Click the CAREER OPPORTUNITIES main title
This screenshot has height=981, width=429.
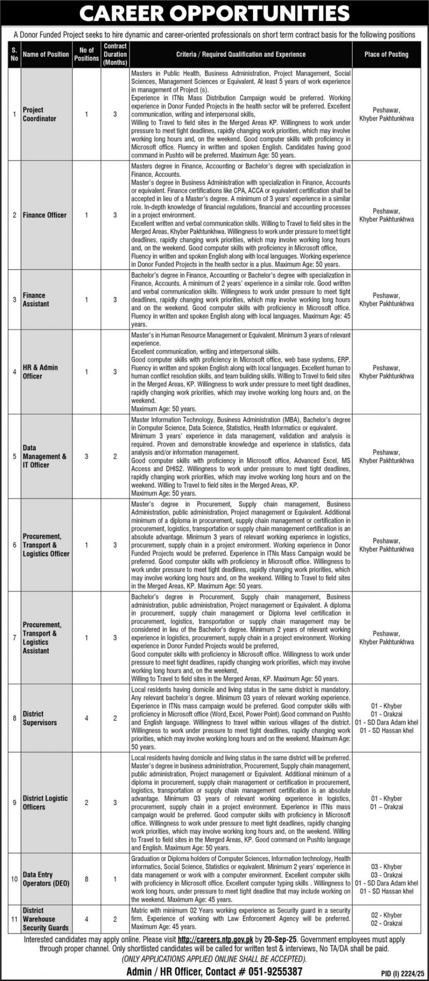point(214,14)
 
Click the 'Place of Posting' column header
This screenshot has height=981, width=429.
point(386,54)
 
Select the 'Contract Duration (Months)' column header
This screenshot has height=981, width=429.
point(115,54)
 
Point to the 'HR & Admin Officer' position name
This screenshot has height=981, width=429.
point(40,372)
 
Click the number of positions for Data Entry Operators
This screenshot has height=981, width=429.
point(86,878)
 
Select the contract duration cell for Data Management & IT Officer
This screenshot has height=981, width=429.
point(115,456)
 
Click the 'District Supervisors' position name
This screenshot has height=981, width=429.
point(40,718)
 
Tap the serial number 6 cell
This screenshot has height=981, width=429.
point(14,545)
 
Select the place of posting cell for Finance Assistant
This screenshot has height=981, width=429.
point(386,300)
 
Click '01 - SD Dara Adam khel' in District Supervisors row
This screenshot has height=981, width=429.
point(386,722)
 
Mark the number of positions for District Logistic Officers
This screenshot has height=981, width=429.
point(86,802)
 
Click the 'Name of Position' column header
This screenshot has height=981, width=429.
point(46,54)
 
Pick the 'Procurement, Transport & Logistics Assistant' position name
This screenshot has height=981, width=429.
point(42,638)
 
